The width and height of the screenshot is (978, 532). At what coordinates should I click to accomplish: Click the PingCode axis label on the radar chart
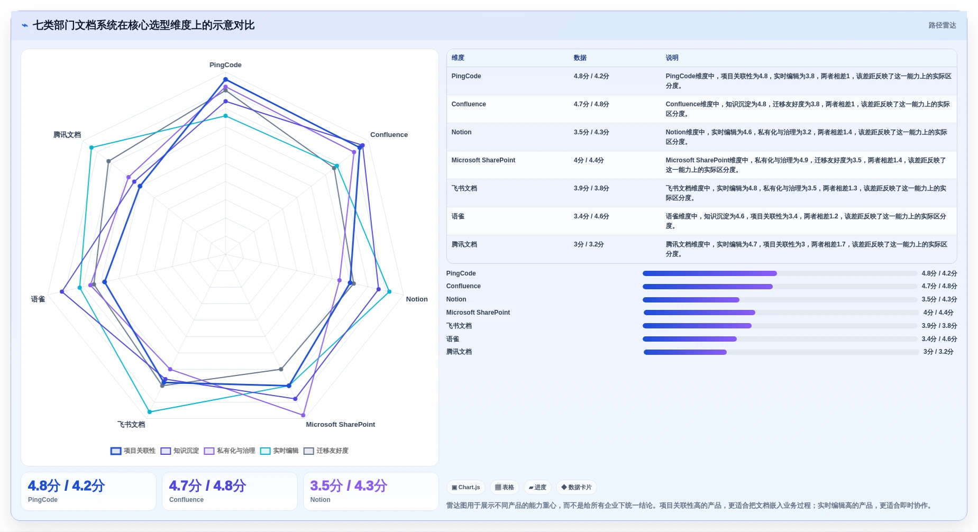click(225, 65)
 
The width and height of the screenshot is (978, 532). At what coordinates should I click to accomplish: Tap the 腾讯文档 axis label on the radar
click(67, 135)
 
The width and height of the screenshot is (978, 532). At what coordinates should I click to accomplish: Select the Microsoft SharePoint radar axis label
click(340, 425)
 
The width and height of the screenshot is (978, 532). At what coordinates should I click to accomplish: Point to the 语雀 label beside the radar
click(38, 299)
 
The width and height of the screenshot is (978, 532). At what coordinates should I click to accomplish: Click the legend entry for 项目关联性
click(133, 451)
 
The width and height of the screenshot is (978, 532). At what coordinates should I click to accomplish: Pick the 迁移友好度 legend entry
click(326, 451)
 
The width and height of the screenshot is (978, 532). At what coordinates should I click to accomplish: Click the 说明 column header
click(672, 58)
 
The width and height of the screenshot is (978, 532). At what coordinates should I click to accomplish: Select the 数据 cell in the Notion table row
click(591, 132)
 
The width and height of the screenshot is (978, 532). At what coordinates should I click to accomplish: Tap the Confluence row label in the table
click(469, 104)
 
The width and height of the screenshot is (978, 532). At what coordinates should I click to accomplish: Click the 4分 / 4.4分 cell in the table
click(589, 160)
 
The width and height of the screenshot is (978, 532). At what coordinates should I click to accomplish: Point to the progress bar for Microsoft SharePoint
click(781, 313)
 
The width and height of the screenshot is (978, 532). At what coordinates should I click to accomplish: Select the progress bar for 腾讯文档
click(781, 352)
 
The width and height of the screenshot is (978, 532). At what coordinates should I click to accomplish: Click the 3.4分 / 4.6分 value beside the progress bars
click(939, 339)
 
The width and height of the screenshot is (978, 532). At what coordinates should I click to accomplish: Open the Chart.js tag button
click(466, 488)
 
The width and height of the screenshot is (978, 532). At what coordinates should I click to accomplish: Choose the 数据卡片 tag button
click(577, 488)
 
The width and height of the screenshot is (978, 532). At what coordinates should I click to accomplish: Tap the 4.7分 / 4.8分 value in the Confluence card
click(207, 486)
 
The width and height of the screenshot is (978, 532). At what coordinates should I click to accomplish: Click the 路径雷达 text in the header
click(942, 25)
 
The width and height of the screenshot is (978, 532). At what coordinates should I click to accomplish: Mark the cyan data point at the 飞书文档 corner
click(150, 412)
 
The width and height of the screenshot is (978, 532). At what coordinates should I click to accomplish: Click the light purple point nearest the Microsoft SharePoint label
click(303, 415)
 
